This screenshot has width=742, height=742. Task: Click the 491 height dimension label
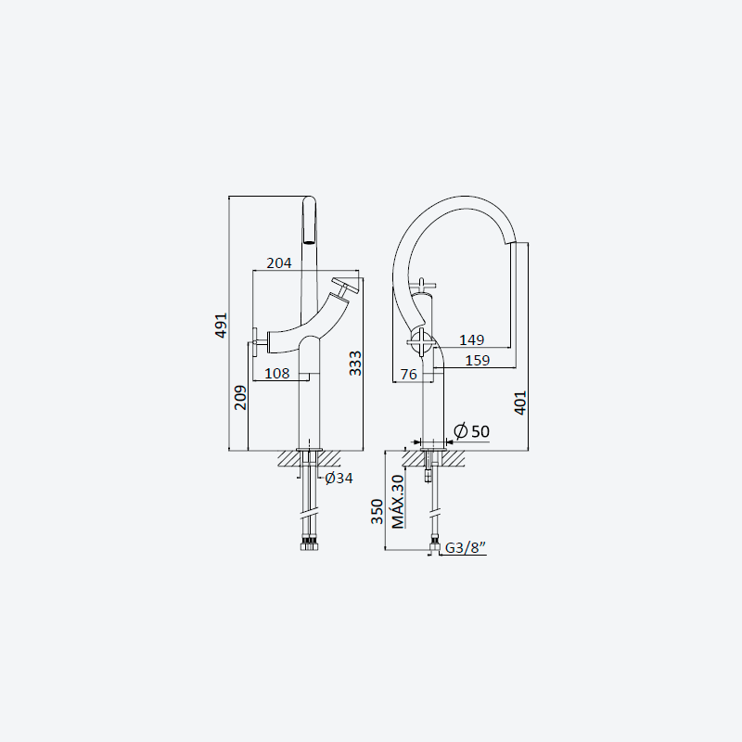click(x=221, y=326)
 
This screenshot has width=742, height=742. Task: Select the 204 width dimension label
click(x=279, y=263)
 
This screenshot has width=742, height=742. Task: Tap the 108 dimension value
click(x=276, y=374)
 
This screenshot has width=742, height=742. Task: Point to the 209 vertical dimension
click(x=240, y=398)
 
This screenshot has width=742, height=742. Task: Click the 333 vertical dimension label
click(x=355, y=364)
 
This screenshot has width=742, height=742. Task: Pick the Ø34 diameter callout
click(x=339, y=478)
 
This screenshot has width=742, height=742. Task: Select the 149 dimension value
click(x=472, y=339)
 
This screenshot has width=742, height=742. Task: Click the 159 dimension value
click(x=477, y=361)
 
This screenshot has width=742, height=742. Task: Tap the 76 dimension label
click(x=409, y=375)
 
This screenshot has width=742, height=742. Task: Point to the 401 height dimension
click(x=520, y=403)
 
